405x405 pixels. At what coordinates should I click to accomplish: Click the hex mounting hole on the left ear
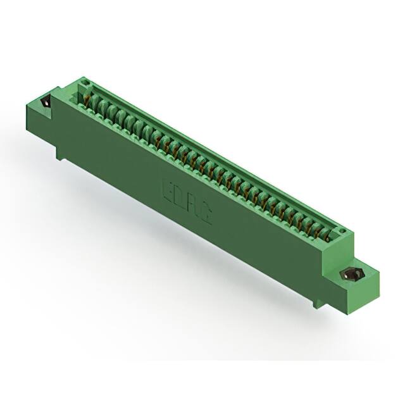[x=46, y=102]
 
